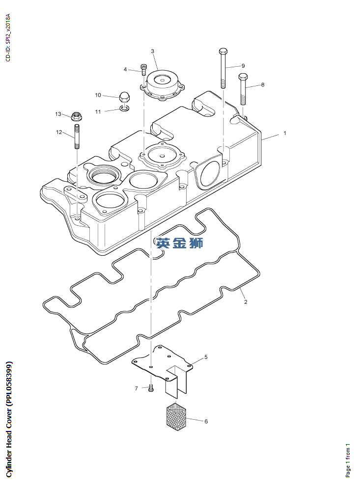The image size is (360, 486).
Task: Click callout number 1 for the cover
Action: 284,133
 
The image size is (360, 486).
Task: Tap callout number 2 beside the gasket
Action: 246,302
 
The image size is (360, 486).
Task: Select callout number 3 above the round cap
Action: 152,51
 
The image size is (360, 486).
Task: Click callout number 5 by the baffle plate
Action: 206,357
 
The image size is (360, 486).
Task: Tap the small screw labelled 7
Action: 151,388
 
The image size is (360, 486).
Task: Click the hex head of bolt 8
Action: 243,78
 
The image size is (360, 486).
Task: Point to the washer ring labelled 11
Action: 125,108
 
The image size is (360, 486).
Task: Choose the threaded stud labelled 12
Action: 77,137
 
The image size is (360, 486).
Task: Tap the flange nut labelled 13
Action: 76,116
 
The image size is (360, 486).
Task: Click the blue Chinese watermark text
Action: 179,242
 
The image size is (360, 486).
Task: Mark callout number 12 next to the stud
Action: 59,132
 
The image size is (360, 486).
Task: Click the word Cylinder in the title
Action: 9,462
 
